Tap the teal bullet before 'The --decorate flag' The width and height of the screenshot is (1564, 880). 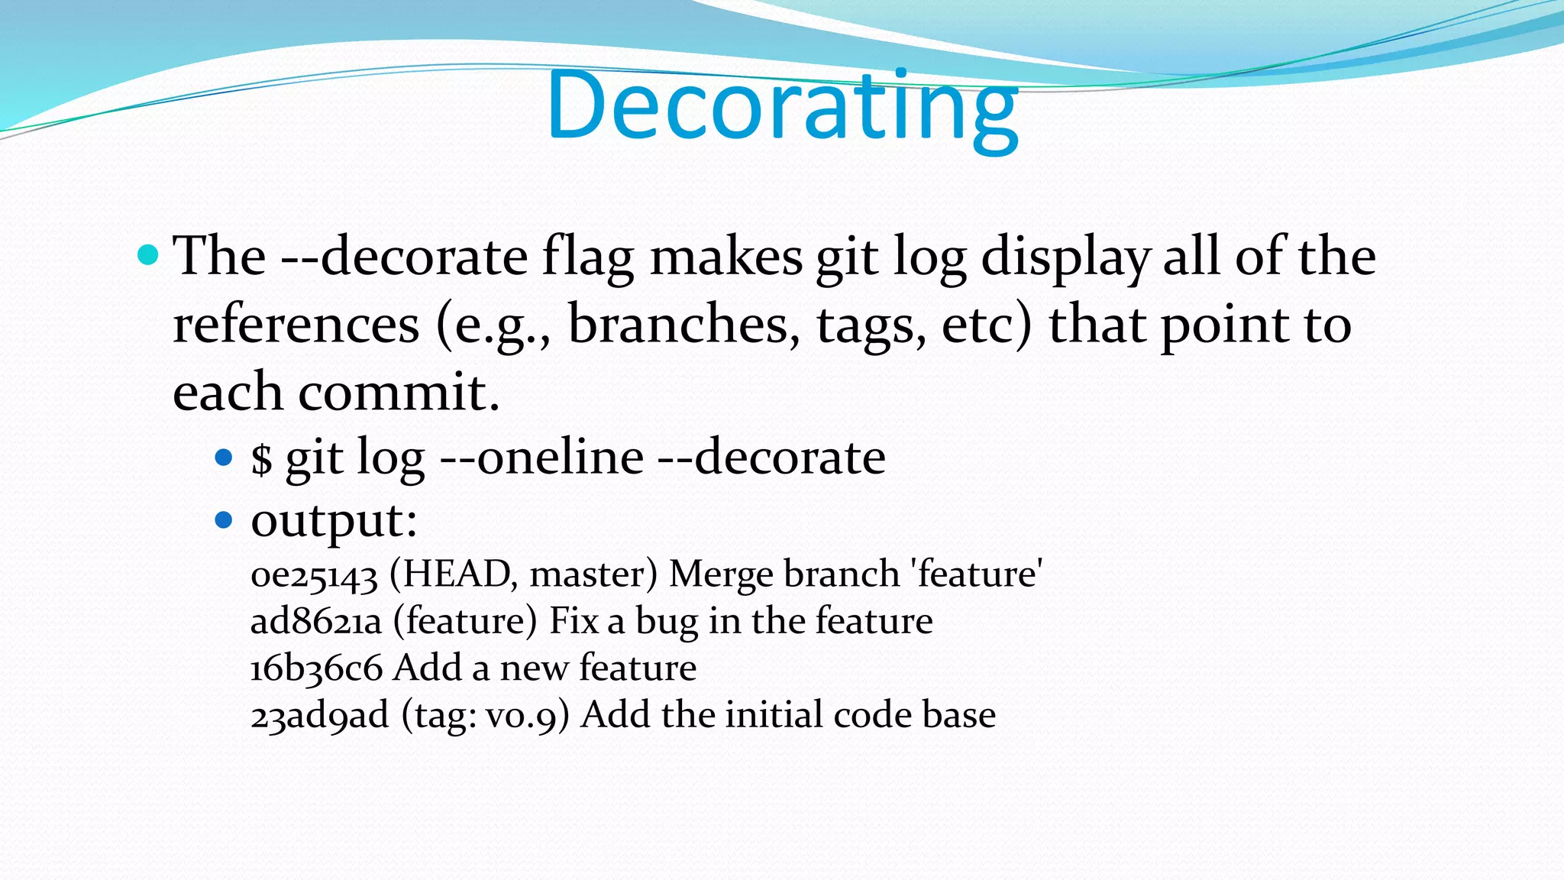(x=148, y=255)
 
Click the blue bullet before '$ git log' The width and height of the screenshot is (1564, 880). (x=224, y=458)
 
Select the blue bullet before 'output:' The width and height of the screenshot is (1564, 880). (x=224, y=521)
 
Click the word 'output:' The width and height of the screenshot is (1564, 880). (x=334, y=521)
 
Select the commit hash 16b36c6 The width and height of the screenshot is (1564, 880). (x=316, y=668)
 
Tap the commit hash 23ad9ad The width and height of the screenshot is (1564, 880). (x=319, y=716)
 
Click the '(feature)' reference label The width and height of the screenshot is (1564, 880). (x=465, y=621)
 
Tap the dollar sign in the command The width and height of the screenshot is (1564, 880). (x=262, y=458)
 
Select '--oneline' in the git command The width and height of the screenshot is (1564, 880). (x=542, y=458)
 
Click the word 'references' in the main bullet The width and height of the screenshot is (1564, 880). (x=296, y=325)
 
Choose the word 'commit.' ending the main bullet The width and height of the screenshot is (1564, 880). (x=399, y=392)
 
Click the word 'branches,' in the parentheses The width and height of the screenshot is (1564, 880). (x=684, y=325)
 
